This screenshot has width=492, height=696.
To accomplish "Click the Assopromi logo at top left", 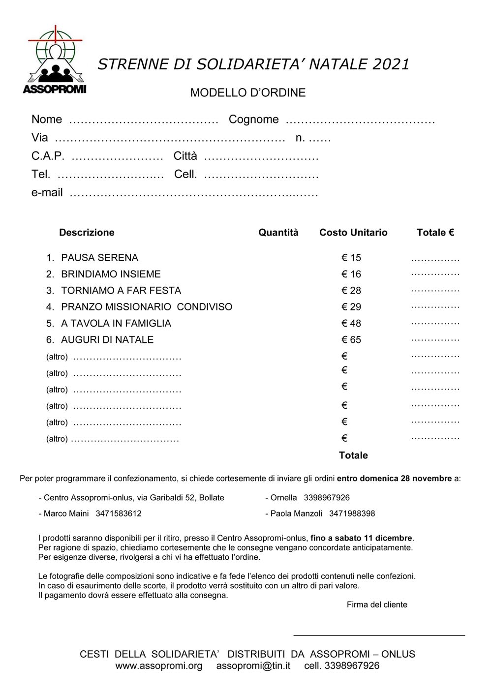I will (55, 60).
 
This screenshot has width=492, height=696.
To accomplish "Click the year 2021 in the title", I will (391, 64).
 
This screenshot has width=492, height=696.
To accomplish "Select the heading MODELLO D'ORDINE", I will (248, 92).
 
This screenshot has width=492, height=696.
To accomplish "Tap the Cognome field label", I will (253, 120).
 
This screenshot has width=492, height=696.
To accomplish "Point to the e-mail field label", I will (47, 192).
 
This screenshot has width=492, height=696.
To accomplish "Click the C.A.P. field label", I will (48, 156).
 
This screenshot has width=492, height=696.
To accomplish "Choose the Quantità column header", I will (278, 233).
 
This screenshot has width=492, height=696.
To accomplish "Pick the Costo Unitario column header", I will (353, 233).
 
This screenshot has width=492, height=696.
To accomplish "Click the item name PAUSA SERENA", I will (99, 258).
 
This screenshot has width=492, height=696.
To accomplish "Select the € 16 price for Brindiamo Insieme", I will (351, 274).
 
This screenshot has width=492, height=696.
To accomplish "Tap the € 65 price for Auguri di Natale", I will (351, 340).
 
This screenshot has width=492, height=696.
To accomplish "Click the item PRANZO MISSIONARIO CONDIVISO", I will (147, 307).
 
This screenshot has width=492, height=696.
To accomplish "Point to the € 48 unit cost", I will (351, 324).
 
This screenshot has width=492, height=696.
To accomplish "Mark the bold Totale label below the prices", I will (353, 455).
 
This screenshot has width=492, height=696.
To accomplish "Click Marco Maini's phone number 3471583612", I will (119, 514).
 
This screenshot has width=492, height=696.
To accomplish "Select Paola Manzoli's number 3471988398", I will (352, 514).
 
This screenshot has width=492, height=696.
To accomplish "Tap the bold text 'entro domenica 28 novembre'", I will (394, 479).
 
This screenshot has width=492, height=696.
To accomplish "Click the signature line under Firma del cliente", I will (379, 635).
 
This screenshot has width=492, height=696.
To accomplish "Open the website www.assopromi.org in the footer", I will (159, 666).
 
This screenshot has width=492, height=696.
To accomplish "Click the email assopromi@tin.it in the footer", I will (253, 666).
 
